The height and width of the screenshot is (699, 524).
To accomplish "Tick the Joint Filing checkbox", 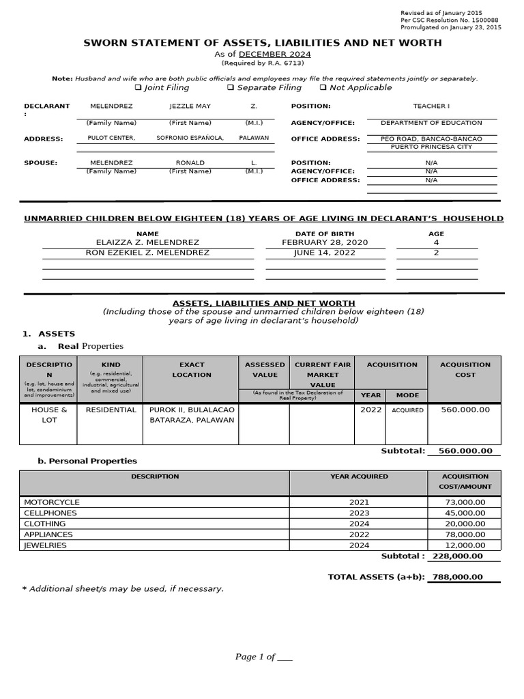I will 138,88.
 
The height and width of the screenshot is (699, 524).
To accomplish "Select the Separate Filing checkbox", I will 231,88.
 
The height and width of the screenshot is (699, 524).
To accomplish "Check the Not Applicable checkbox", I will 323,88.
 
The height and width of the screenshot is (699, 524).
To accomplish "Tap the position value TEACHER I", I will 431,106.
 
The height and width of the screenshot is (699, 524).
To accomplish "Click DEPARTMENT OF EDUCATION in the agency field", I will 431,123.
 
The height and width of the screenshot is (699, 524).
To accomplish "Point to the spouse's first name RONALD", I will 190,163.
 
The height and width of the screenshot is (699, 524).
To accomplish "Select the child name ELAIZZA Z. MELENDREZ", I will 148,243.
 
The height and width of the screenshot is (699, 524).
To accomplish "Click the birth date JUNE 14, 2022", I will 325,253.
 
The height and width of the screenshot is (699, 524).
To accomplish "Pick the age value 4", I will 436,243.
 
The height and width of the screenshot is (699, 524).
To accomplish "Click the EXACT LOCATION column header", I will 192,369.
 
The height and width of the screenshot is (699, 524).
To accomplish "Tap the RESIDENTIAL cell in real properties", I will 111,410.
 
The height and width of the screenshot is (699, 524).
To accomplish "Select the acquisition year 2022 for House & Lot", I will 371,410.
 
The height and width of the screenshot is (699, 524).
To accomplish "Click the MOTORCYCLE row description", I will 52,502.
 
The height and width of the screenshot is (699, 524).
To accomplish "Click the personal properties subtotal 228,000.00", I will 458,556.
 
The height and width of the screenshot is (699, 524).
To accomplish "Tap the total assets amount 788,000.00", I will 457,577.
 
